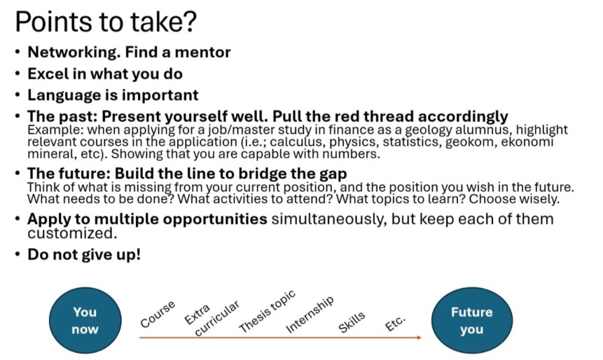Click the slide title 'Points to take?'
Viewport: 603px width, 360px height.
click(x=106, y=22)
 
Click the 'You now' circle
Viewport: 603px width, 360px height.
click(x=85, y=320)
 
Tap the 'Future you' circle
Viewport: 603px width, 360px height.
click(x=472, y=320)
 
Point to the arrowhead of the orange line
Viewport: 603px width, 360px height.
click(x=420, y=338)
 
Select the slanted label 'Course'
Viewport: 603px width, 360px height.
click(x=158, y=314)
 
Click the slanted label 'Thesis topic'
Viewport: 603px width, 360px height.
click(x=268, y=311)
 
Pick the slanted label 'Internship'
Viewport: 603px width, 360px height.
click(x=310, y=314)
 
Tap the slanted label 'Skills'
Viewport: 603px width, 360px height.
click(x=352, y=322)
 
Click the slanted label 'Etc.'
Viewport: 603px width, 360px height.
click(x=395, y=323)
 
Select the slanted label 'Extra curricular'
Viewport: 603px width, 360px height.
click(x=212, y=319)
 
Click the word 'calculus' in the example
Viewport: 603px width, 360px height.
click(x=296, y=142)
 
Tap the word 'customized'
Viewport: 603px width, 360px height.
click(x=71, y=233)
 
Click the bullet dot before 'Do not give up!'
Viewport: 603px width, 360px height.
click(x=18, y=254)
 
